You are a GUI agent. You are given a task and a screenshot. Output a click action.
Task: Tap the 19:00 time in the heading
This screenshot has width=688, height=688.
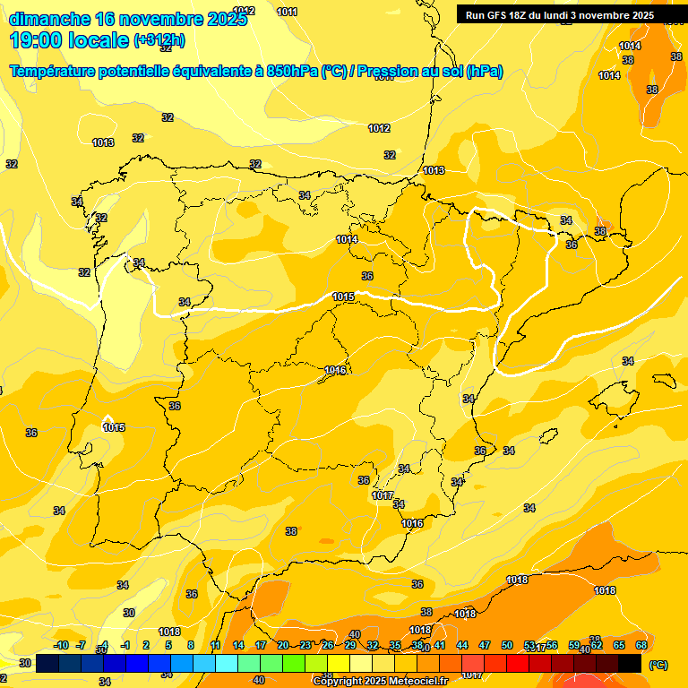point(39,39)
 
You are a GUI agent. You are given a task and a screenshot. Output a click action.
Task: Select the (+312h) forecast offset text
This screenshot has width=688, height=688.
point(159,39)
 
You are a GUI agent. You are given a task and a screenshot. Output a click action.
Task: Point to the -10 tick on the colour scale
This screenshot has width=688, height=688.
point(61,646)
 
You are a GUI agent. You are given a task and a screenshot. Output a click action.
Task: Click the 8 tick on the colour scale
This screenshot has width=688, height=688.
point(191,646)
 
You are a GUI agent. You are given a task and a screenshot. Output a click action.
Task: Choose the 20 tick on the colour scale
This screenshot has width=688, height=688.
point(283,646)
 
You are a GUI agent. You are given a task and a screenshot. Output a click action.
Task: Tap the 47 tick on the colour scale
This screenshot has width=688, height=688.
point(485,646)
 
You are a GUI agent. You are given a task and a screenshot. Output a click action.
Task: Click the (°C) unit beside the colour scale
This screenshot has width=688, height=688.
point(658,665)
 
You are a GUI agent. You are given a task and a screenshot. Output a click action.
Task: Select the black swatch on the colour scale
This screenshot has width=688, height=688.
point(630,664)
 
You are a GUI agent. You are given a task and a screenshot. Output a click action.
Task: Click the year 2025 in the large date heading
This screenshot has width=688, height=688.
point(225,19)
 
